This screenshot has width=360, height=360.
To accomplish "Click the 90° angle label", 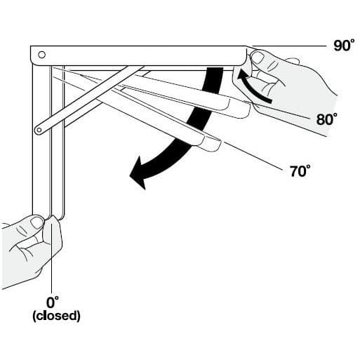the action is tap(344, 45).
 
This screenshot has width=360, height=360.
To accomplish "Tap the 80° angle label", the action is tap(327, 119).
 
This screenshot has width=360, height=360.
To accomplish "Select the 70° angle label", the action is tap(300, 171).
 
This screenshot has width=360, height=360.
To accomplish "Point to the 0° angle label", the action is tap(53, 302).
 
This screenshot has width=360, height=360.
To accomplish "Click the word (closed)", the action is tap(56, 316).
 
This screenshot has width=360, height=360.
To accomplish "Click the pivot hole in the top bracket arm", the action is tap(41, 55).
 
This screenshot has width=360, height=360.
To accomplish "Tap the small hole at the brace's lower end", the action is tap(39, 130).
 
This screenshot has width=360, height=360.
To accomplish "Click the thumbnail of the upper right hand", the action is tap(258, 58).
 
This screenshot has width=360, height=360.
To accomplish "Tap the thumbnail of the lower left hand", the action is tap(37, 222).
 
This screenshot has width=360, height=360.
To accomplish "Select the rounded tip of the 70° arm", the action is tap(213, 144).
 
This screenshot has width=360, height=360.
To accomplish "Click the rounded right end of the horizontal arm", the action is tap(244, 55).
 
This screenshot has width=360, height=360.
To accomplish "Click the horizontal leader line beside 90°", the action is tap(289, 46).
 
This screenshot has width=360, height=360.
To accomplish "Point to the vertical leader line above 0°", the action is tap(51, 255).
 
